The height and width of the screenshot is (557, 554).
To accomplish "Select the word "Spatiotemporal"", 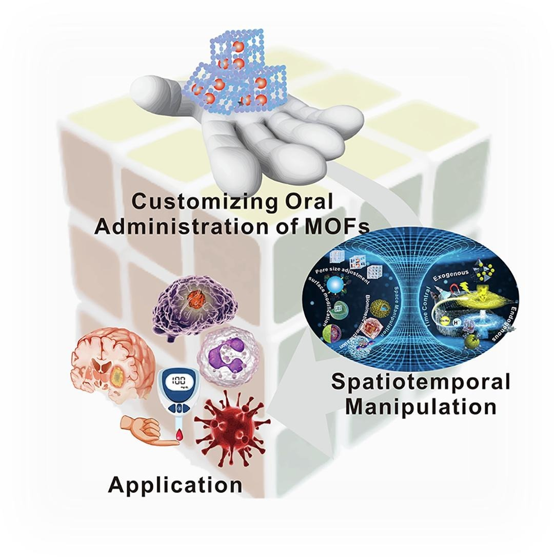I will tap(421, 382).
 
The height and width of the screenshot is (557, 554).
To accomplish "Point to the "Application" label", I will tap(175, 484).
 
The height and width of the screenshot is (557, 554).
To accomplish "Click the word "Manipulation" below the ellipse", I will tap(421, 407).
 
